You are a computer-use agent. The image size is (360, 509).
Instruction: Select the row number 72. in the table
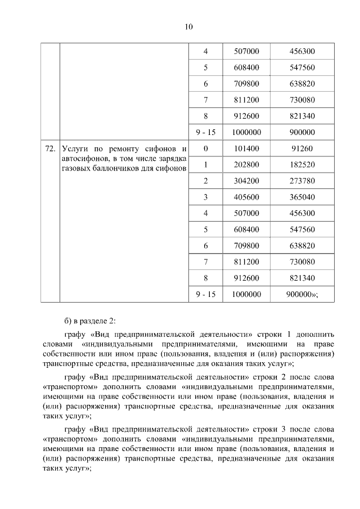pyautogui.click(x=49, y=149)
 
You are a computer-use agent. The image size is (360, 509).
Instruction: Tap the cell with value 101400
pyautogui.click(x=245, y=149)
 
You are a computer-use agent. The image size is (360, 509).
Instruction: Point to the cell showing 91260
pyautogui.click(x=301, y=149)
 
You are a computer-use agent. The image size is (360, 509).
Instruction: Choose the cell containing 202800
pyautogui.click(x=245, y=165)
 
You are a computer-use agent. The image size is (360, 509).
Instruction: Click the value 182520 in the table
pyautogui.click(x=301, y=165)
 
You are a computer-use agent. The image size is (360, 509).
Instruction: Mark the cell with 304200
pyautogui.click(x=245, y=181)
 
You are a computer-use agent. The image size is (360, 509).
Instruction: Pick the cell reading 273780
pyautogui.click(x=301, y=181)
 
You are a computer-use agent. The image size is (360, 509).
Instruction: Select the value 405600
pyautogui.click(x=245, y=197)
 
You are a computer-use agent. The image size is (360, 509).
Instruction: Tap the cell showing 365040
pyautogui.click(x=301, y=197)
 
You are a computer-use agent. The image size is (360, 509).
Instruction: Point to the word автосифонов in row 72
pyautogui.click(x=84, y=159)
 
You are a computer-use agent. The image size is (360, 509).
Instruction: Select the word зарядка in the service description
pyautogui.click(x=171, y=159)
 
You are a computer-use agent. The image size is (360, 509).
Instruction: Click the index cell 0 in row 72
pyautogui.click(x=206, y=149)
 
